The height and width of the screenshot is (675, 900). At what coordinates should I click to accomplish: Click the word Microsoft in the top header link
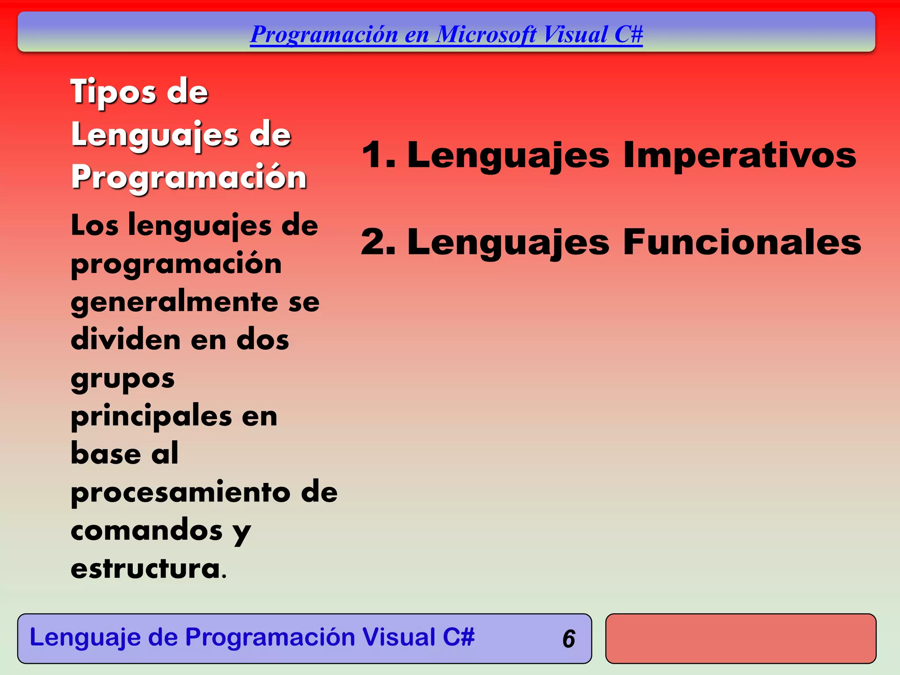click(486, 34)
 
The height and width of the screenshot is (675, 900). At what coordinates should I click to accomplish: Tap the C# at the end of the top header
click(628, 34)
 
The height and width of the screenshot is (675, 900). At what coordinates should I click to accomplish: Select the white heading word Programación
click(189, 178)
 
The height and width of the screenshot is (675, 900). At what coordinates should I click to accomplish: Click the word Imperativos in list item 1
click(740, 155)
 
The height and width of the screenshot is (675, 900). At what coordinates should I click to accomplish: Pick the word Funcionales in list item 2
click(742, 242)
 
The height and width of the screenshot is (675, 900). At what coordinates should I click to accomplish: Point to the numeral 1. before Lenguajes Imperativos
click(378, 155)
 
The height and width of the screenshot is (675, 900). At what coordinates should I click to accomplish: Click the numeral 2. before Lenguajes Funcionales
click(378, 242)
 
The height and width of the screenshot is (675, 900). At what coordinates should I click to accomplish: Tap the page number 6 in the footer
click(569, 639)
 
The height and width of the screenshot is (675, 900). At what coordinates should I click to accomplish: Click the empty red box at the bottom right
click(740, 639)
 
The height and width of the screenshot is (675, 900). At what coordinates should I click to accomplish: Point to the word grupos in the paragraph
click(123, 379)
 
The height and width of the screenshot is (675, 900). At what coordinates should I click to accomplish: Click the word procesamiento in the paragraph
click(181, 493)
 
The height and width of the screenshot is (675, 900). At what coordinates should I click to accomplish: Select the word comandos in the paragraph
click(147, 530)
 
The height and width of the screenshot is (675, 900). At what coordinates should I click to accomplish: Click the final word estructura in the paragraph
click(145, 569)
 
